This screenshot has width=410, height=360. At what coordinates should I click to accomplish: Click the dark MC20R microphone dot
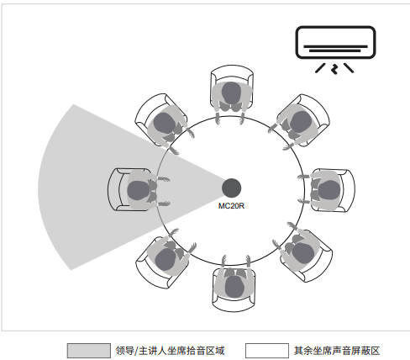(231, 188)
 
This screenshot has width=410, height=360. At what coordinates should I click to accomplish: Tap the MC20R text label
(231, 206)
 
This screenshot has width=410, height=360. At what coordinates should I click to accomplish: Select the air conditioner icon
(335, 50)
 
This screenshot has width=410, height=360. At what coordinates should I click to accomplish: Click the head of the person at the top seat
(231, 93)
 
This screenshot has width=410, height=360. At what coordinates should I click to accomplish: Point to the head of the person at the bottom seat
(234, 287)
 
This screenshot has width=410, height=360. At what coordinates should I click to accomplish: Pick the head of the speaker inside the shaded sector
(138, 190)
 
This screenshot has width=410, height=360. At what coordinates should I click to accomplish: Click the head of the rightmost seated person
(329, 190)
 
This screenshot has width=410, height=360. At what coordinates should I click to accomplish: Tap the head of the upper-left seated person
(165, 123)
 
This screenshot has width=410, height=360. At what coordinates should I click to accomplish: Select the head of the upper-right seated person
(301, 122)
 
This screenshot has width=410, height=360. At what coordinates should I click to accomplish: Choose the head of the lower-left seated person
(166, 259)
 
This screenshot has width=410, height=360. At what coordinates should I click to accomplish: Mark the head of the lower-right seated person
(303, 253)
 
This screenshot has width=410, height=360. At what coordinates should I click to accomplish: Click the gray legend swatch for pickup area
(89, 351)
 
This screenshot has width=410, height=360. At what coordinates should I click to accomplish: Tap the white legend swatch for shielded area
(267, 351)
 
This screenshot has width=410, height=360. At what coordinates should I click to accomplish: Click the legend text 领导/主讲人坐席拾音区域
(171, 351)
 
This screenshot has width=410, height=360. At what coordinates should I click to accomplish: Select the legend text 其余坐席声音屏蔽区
(337, 351)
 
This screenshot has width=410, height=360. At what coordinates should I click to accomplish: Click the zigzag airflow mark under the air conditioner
(334, 69)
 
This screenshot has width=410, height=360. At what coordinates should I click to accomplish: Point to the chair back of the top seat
(232, 69)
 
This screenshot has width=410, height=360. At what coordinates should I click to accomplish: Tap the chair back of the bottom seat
(234, 307)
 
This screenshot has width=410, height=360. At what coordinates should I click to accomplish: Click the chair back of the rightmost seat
(351, 190)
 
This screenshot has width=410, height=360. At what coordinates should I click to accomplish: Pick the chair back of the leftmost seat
(112, 189)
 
